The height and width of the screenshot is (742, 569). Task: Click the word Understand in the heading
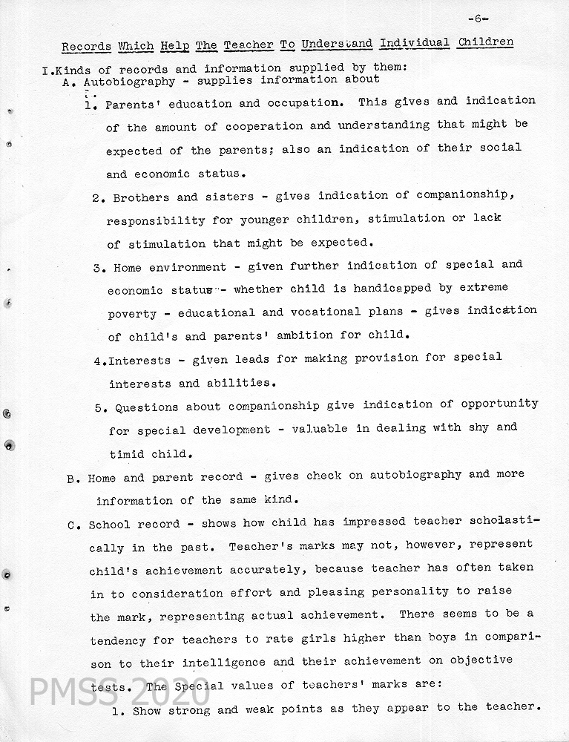(338, 44)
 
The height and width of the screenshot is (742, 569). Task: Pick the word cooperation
(266, 127)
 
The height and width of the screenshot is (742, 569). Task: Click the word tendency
(117, 639)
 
